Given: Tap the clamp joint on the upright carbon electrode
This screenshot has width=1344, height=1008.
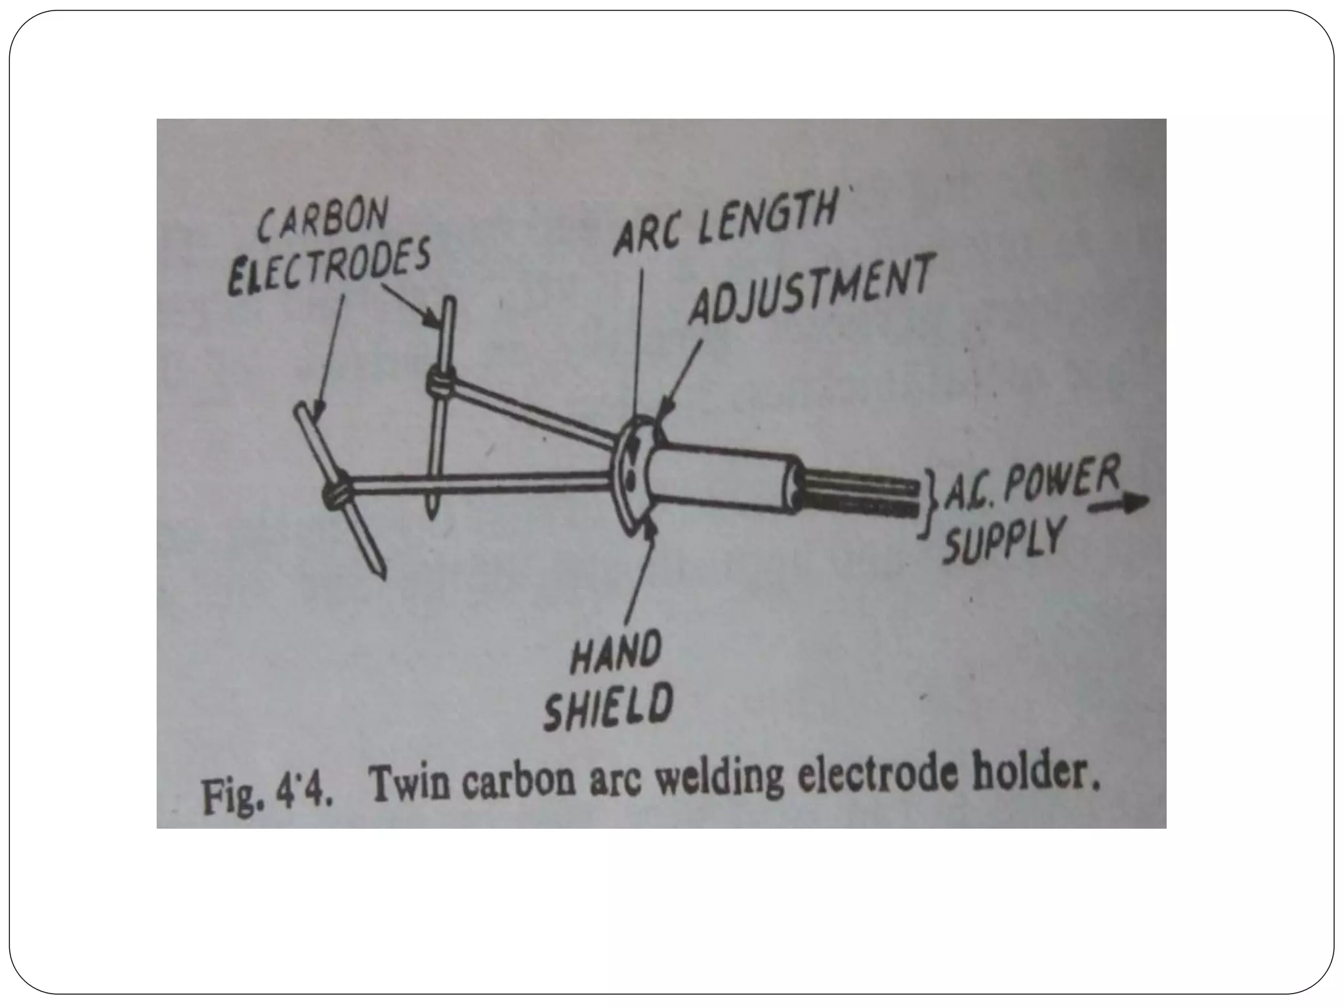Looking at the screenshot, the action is tap(440, 381).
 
